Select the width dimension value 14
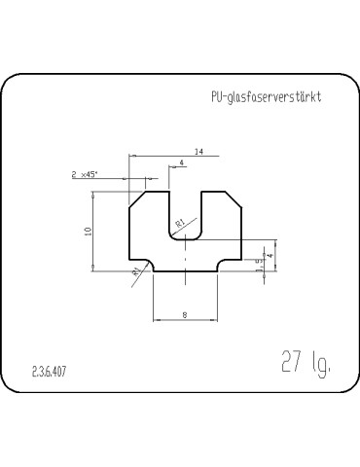click(x=198, y=152)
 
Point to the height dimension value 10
click(x=87, y=232)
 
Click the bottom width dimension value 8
click(x=185, y=313)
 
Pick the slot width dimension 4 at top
click(x=181, y=162)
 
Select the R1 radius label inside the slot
click(x=180, y=225)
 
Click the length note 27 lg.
click(x=304, y=364)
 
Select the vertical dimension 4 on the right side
click(x=270, y=255)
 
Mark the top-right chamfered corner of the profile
click(x=234, y=198)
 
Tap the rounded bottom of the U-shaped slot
click(x=185, y=240)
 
